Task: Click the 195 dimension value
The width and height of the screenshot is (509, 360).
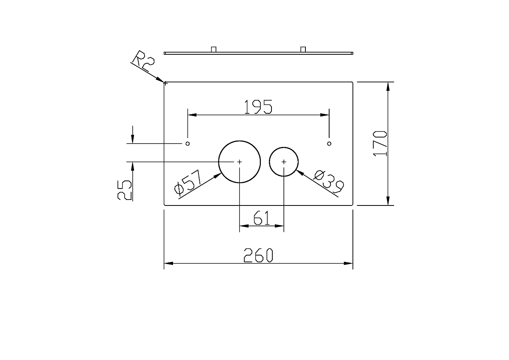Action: point(258,107)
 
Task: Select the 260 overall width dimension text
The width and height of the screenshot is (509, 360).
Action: point(258,255)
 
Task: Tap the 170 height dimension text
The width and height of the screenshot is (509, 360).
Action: point(380,143)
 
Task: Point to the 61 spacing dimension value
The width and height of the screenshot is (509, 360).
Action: point(262,218)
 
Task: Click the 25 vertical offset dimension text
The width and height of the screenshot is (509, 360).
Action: point(125,190)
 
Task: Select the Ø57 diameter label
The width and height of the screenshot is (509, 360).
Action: point(188,183)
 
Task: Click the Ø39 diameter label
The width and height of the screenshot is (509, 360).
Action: point(329,182)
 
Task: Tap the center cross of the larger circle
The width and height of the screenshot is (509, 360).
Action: point(240,162)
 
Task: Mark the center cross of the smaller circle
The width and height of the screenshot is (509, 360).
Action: point(284,162)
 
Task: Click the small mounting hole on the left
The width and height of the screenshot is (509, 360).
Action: point(187,143)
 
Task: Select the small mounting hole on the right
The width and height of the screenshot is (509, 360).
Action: point(329,143)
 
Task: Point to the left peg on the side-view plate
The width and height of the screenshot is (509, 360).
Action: point(214,49)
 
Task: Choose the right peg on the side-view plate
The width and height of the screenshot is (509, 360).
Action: point(303,49)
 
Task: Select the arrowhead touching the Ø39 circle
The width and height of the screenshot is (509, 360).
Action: point(300,173)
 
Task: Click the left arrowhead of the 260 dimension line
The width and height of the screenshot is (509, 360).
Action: point(169,263)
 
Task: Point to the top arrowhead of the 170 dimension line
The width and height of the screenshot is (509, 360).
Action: point(388,87)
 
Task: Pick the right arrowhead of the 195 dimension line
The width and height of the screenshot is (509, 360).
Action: point(325,115)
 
